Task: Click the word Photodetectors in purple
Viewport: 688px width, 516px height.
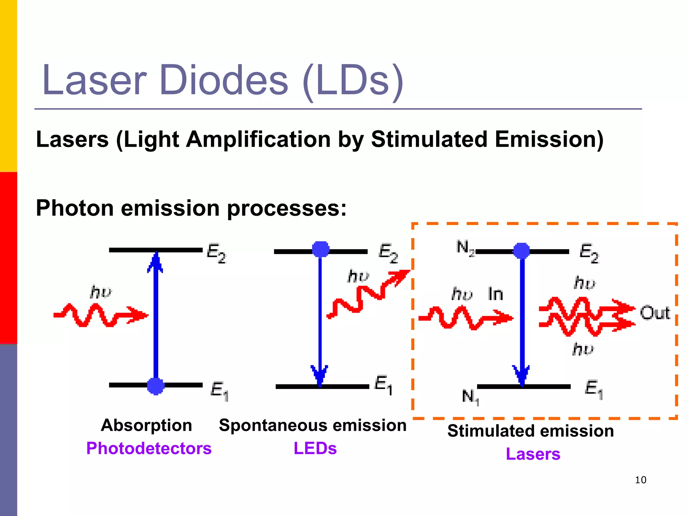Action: pos(149,448)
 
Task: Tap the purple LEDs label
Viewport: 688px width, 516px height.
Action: pos(315,448)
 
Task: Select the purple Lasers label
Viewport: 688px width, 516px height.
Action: pos(533,454)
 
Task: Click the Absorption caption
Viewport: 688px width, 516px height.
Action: pos(146,425)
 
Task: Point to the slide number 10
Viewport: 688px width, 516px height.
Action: pos(641,480)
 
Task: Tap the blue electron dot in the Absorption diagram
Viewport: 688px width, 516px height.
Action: pos(156,386)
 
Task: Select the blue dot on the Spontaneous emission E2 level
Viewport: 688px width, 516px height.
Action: pos(321,249)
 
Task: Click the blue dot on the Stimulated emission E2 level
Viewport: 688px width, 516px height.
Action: pos(521,251)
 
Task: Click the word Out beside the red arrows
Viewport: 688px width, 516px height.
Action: pos(655,313)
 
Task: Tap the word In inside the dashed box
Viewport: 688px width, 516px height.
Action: pos(496,294)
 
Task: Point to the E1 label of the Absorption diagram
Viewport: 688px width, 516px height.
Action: pos(219,391)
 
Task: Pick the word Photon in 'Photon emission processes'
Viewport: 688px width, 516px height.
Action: pos(75,208)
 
